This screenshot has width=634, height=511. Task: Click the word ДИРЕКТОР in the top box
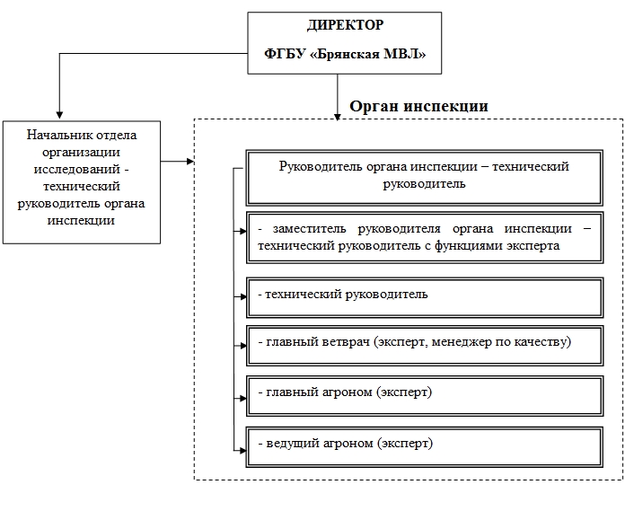[x=346, y=25]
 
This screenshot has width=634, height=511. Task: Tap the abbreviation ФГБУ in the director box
[x=285, y=54]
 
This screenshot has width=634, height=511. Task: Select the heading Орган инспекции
[x=418, y=106]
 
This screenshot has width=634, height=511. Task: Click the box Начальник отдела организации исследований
[x=82, y=182]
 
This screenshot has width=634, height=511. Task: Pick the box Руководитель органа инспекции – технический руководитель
[x=425, y=178]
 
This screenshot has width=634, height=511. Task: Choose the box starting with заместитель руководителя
[x=425, y=238]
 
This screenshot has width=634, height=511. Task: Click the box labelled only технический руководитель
[x=425, y=297]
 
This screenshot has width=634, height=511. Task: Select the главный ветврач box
[x=425, y=346]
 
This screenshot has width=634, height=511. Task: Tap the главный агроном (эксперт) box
[x=425, y=396]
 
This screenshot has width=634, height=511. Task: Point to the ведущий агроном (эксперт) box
[x=425, y=447]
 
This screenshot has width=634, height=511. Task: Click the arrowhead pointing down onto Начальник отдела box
[x=59, y=115]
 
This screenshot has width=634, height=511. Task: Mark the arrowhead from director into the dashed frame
[x=338, y=117]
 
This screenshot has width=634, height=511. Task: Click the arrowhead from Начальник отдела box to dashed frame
[x=190, y=162]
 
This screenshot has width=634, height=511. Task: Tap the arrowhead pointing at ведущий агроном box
[x=243, y=450]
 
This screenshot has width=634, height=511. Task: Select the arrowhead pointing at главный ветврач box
[x=243, y=346]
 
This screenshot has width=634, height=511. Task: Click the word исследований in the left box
[x=77, y=169]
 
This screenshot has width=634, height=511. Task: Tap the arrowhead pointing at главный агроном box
[x=243, y=398]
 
